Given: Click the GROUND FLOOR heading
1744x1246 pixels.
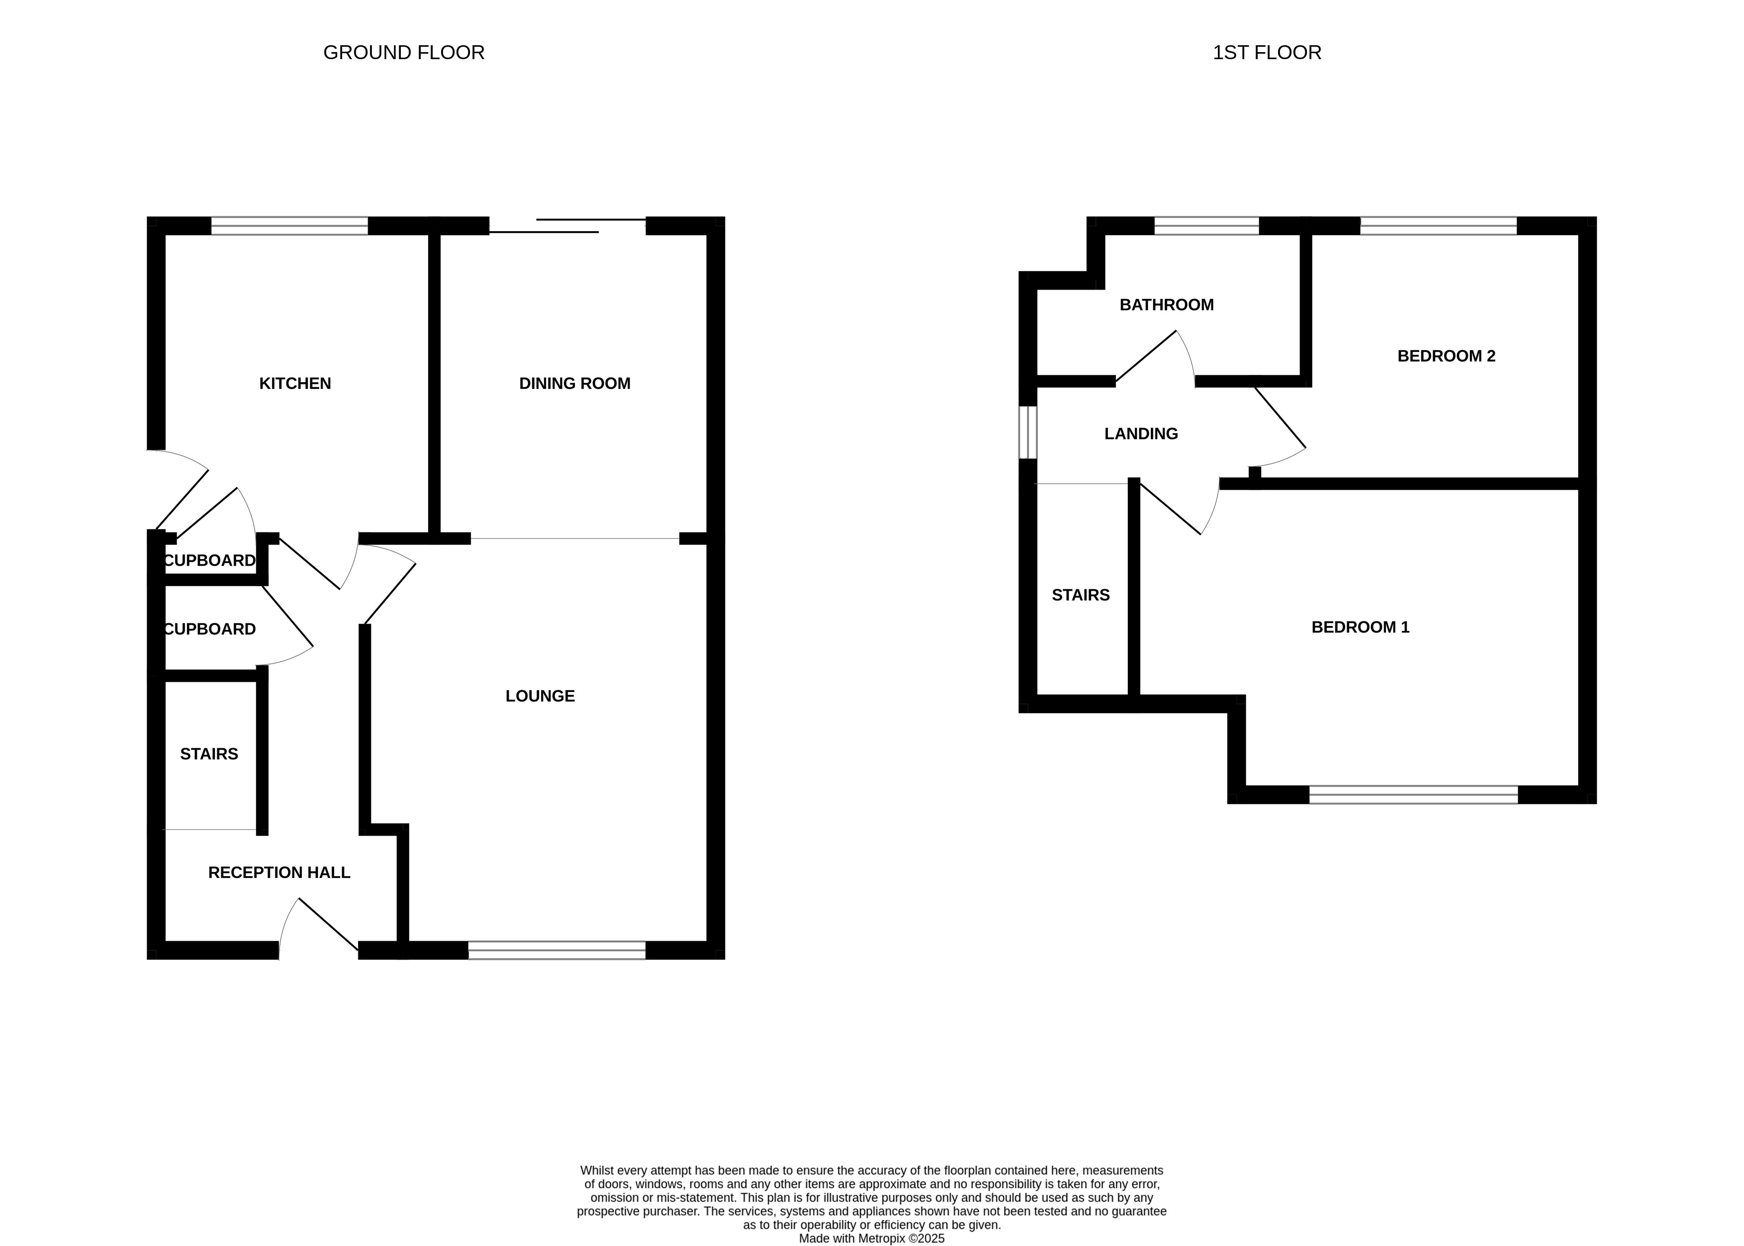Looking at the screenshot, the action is coord(404,52).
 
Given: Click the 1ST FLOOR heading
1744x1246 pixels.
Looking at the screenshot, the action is coord(1267,52).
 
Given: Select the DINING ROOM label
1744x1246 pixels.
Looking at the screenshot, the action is coord(575,384).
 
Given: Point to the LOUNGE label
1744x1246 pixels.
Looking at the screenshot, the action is coord(540,696).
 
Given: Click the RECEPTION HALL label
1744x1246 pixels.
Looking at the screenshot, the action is coord(279,873).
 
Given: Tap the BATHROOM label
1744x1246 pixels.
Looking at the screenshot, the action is coord(1166,305).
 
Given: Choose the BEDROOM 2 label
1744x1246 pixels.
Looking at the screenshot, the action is coord(1446,356).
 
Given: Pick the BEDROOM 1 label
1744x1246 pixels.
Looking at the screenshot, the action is coord(1361,627).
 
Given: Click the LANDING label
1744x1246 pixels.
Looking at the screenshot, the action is coord(1141,434).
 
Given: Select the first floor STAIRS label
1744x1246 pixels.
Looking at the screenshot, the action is coord(1080,595).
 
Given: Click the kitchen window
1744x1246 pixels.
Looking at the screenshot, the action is coord(289,226).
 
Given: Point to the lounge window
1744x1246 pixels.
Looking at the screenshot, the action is coord(557,950).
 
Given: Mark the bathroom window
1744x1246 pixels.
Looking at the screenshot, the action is coord(1207,226).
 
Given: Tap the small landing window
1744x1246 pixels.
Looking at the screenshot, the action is coord(1028,433).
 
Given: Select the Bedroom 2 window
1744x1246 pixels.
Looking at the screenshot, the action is coord(1439,226).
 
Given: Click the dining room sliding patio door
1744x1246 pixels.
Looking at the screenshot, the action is coord(568,226).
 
